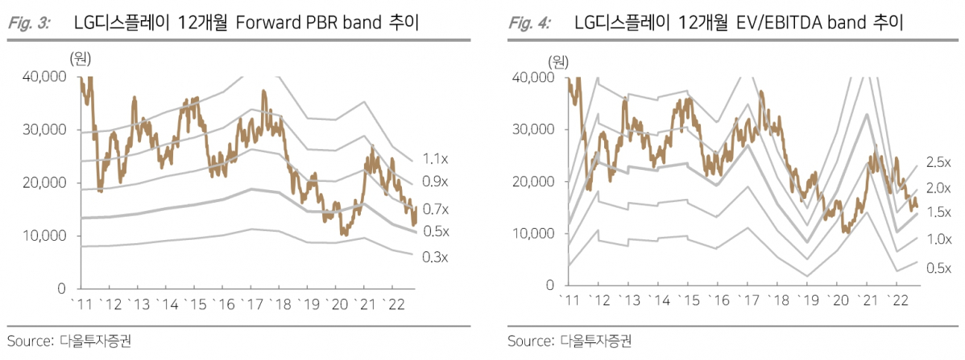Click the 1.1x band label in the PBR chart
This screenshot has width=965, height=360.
tap(434, 159)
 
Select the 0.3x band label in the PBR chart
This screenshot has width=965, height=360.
tap(434, 257)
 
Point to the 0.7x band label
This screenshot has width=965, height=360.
tap(434, 209)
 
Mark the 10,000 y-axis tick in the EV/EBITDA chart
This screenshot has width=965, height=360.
tap(532, 234)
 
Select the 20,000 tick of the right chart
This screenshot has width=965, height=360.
tap(532, 181)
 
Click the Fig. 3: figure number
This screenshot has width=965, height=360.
tap(30, 23)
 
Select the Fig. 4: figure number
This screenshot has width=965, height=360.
tap(530, 23)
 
